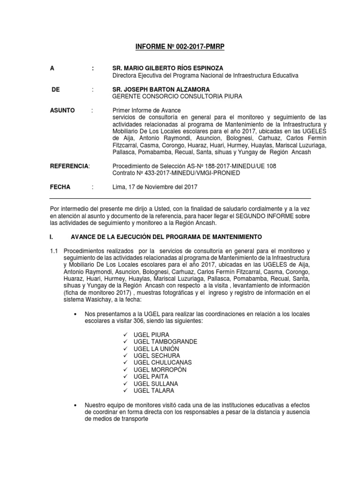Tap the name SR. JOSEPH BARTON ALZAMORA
point(161,89)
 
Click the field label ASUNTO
point(62,110)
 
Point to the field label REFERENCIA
point(69,166)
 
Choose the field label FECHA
point(60,187)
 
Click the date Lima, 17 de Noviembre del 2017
point(155,187)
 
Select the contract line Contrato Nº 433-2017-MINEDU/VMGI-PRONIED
point(176,172)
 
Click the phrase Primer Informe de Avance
point(143,110)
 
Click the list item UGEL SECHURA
point(154,356)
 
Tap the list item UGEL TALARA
point(152,391)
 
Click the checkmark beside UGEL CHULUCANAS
point(126,363)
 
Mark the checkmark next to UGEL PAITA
point(126,377)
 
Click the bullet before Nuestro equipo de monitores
point(75,405)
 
